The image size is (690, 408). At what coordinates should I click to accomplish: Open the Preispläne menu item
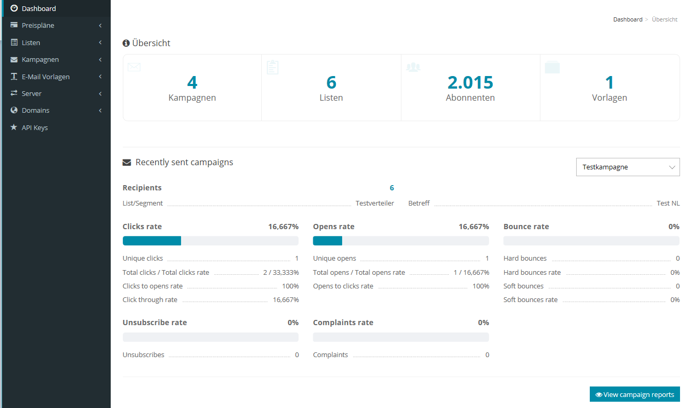point(38,26)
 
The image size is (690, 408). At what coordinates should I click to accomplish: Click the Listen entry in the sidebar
point(31,42)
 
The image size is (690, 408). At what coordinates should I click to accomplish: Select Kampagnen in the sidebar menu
point(40,60)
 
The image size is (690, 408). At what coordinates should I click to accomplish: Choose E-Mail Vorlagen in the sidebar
point(45,77)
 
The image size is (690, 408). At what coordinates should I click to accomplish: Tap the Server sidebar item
point(31,93)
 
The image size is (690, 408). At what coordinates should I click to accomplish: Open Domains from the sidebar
point(36,111)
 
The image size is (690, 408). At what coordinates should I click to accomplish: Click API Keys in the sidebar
point(35,127)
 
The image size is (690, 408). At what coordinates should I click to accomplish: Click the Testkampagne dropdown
point(628,167)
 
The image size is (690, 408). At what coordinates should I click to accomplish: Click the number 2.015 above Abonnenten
point(470,82)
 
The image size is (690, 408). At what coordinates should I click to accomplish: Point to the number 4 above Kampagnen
point(192,82)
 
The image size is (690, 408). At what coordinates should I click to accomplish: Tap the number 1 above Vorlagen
point(609,82)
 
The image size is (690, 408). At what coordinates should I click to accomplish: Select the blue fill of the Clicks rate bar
point(152,241)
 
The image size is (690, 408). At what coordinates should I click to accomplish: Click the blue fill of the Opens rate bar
point(327,241)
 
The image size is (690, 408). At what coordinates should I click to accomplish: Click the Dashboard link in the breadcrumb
point(628,19)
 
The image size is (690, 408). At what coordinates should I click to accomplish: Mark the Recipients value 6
point(391,188)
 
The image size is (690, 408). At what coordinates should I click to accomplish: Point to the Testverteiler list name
point(375,203)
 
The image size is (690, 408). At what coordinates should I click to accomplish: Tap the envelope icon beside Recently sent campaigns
point(126,163)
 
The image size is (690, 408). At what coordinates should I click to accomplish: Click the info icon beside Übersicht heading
point(126,44)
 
